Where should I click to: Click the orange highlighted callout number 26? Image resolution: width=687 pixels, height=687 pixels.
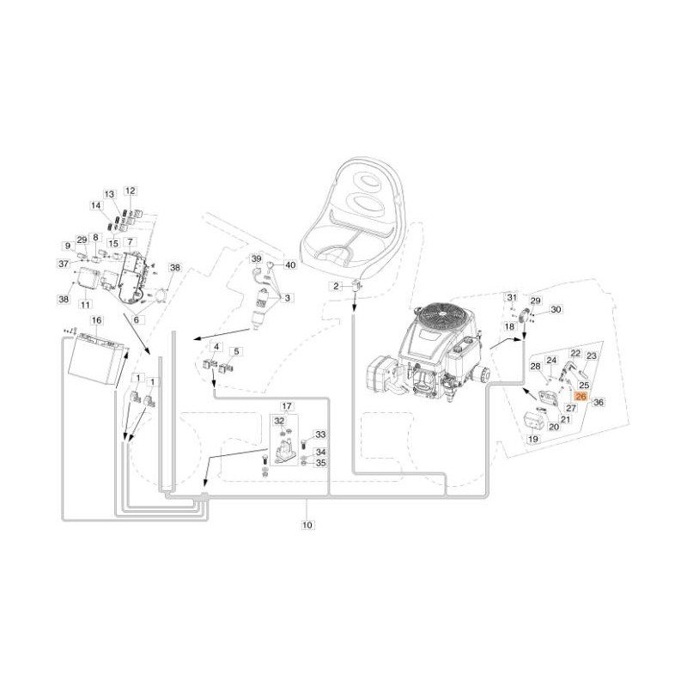click(x=580, y=398)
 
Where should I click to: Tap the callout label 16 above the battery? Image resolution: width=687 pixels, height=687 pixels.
click(x=96, y=320)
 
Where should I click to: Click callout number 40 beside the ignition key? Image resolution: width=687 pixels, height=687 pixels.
click(x=289, y=265)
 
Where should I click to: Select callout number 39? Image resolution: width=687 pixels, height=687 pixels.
click(x=255, y=258)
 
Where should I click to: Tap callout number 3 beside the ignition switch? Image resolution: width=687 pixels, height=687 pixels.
click(x=288, y=298)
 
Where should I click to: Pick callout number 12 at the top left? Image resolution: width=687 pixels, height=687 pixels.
click(x=130, y=191)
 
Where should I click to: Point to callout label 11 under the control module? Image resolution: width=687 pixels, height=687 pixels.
click(x=85, y=304)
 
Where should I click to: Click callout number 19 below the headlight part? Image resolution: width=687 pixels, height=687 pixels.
click(x=532, y=439)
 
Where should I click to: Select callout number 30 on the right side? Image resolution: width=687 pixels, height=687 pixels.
click(x=555, y=310)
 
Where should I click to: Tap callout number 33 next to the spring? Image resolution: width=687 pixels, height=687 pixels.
click(x=320, y=435)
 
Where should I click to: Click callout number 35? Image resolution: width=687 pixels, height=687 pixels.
click(x=320, y=463)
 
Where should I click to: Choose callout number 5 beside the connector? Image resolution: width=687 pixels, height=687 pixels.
click(x=238, y=351)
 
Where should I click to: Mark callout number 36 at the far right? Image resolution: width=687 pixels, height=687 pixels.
click(x=599, y=402)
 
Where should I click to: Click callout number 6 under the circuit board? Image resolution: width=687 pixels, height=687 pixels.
click(x=136, y=319)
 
